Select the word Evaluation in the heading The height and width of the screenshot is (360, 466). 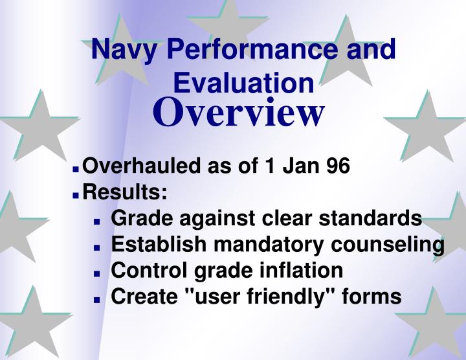coord(244,84)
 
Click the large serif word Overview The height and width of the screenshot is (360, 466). coord(238,113)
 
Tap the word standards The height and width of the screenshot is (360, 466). coord(372,218)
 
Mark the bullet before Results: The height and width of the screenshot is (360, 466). coord(76,194)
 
